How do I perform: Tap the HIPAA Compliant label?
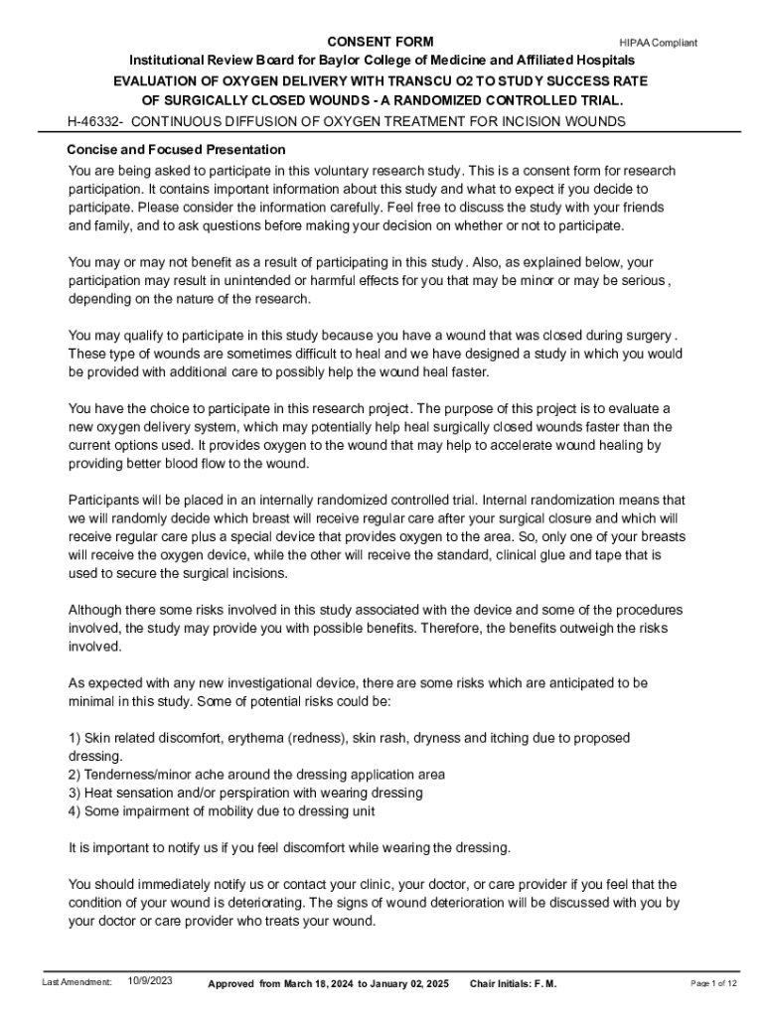point(658,43)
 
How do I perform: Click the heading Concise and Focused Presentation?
point(176,150)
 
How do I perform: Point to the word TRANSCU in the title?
point(407,80)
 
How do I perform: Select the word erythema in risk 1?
point(255,738)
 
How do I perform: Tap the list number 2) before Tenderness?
point(74,774)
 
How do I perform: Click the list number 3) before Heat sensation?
point(74,793)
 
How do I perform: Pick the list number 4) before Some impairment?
point(74,810)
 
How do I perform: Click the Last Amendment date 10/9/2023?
point(150,981)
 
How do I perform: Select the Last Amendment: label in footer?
point(76,982)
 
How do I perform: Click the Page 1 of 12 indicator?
point(713,983)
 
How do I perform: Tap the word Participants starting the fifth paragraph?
point(103,500)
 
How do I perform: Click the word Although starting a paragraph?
point(96,610)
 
